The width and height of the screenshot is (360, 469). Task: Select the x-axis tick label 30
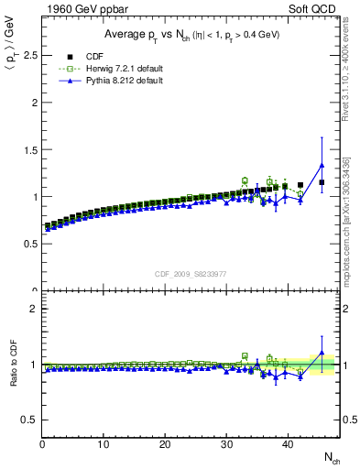[226, 444]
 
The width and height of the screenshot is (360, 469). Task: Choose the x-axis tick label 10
[104, 444]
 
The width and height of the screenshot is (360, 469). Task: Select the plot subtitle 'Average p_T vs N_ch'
[190, 34]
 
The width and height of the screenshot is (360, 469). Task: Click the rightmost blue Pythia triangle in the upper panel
[322, 166]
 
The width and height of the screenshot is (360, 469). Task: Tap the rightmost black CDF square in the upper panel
[322, 182]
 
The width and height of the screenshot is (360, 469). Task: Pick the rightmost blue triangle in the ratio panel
[322, 353]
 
